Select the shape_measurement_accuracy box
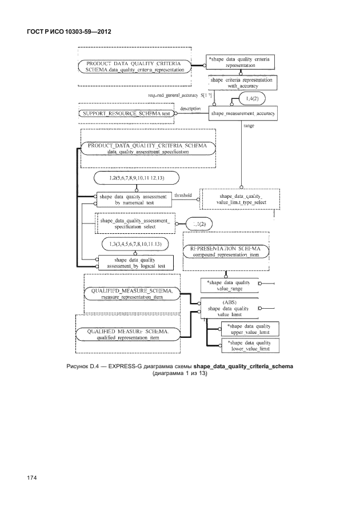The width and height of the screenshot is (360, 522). [x=243, y=114]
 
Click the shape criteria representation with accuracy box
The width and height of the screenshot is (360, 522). [x=242, y=83]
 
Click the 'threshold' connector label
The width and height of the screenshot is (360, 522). [x=182, y=195]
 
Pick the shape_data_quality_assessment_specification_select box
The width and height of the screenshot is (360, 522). [x=134, y=223]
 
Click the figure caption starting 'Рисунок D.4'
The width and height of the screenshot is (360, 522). [x=179, y=369]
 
